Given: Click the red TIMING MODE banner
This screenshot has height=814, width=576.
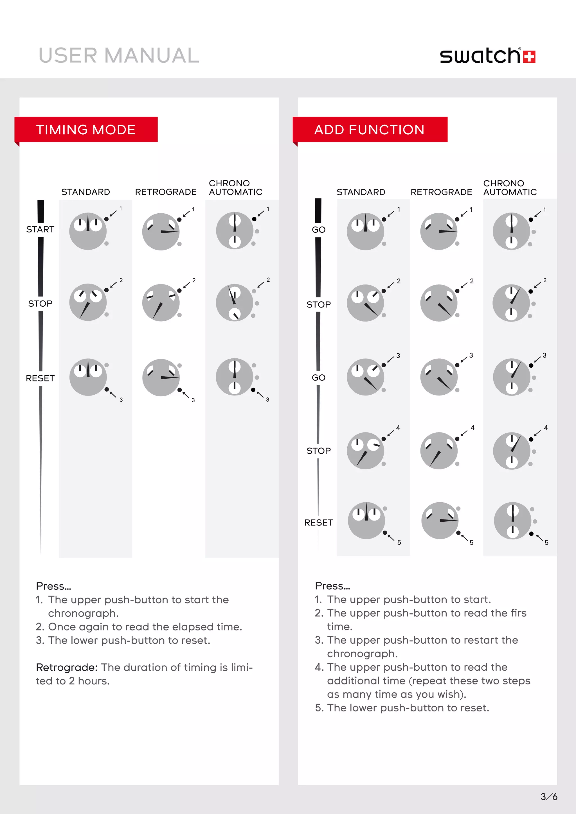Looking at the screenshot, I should point(86,130).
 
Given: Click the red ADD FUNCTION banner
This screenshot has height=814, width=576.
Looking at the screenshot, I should point(369,130).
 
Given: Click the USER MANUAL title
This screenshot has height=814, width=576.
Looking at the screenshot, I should point(119,56).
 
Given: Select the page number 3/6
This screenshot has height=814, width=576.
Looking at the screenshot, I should point(548,797).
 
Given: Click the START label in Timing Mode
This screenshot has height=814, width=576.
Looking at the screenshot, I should point(40,229).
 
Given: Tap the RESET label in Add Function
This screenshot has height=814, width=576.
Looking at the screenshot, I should point(318,523).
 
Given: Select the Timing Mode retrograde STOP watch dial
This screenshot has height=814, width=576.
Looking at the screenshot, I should point(161,302).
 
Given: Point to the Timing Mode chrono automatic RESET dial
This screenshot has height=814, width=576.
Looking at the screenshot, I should point(235,377).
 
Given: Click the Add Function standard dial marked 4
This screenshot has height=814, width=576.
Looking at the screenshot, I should point(365,451).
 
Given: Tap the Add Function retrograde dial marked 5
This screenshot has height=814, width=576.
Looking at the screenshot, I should point(440,521).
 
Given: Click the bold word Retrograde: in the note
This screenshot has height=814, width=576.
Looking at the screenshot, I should point(67,667).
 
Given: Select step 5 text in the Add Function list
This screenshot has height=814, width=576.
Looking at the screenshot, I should point(402,708).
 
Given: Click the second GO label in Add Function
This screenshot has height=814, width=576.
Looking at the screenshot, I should point(318,377).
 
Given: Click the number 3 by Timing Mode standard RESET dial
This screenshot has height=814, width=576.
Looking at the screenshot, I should point(121,400).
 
